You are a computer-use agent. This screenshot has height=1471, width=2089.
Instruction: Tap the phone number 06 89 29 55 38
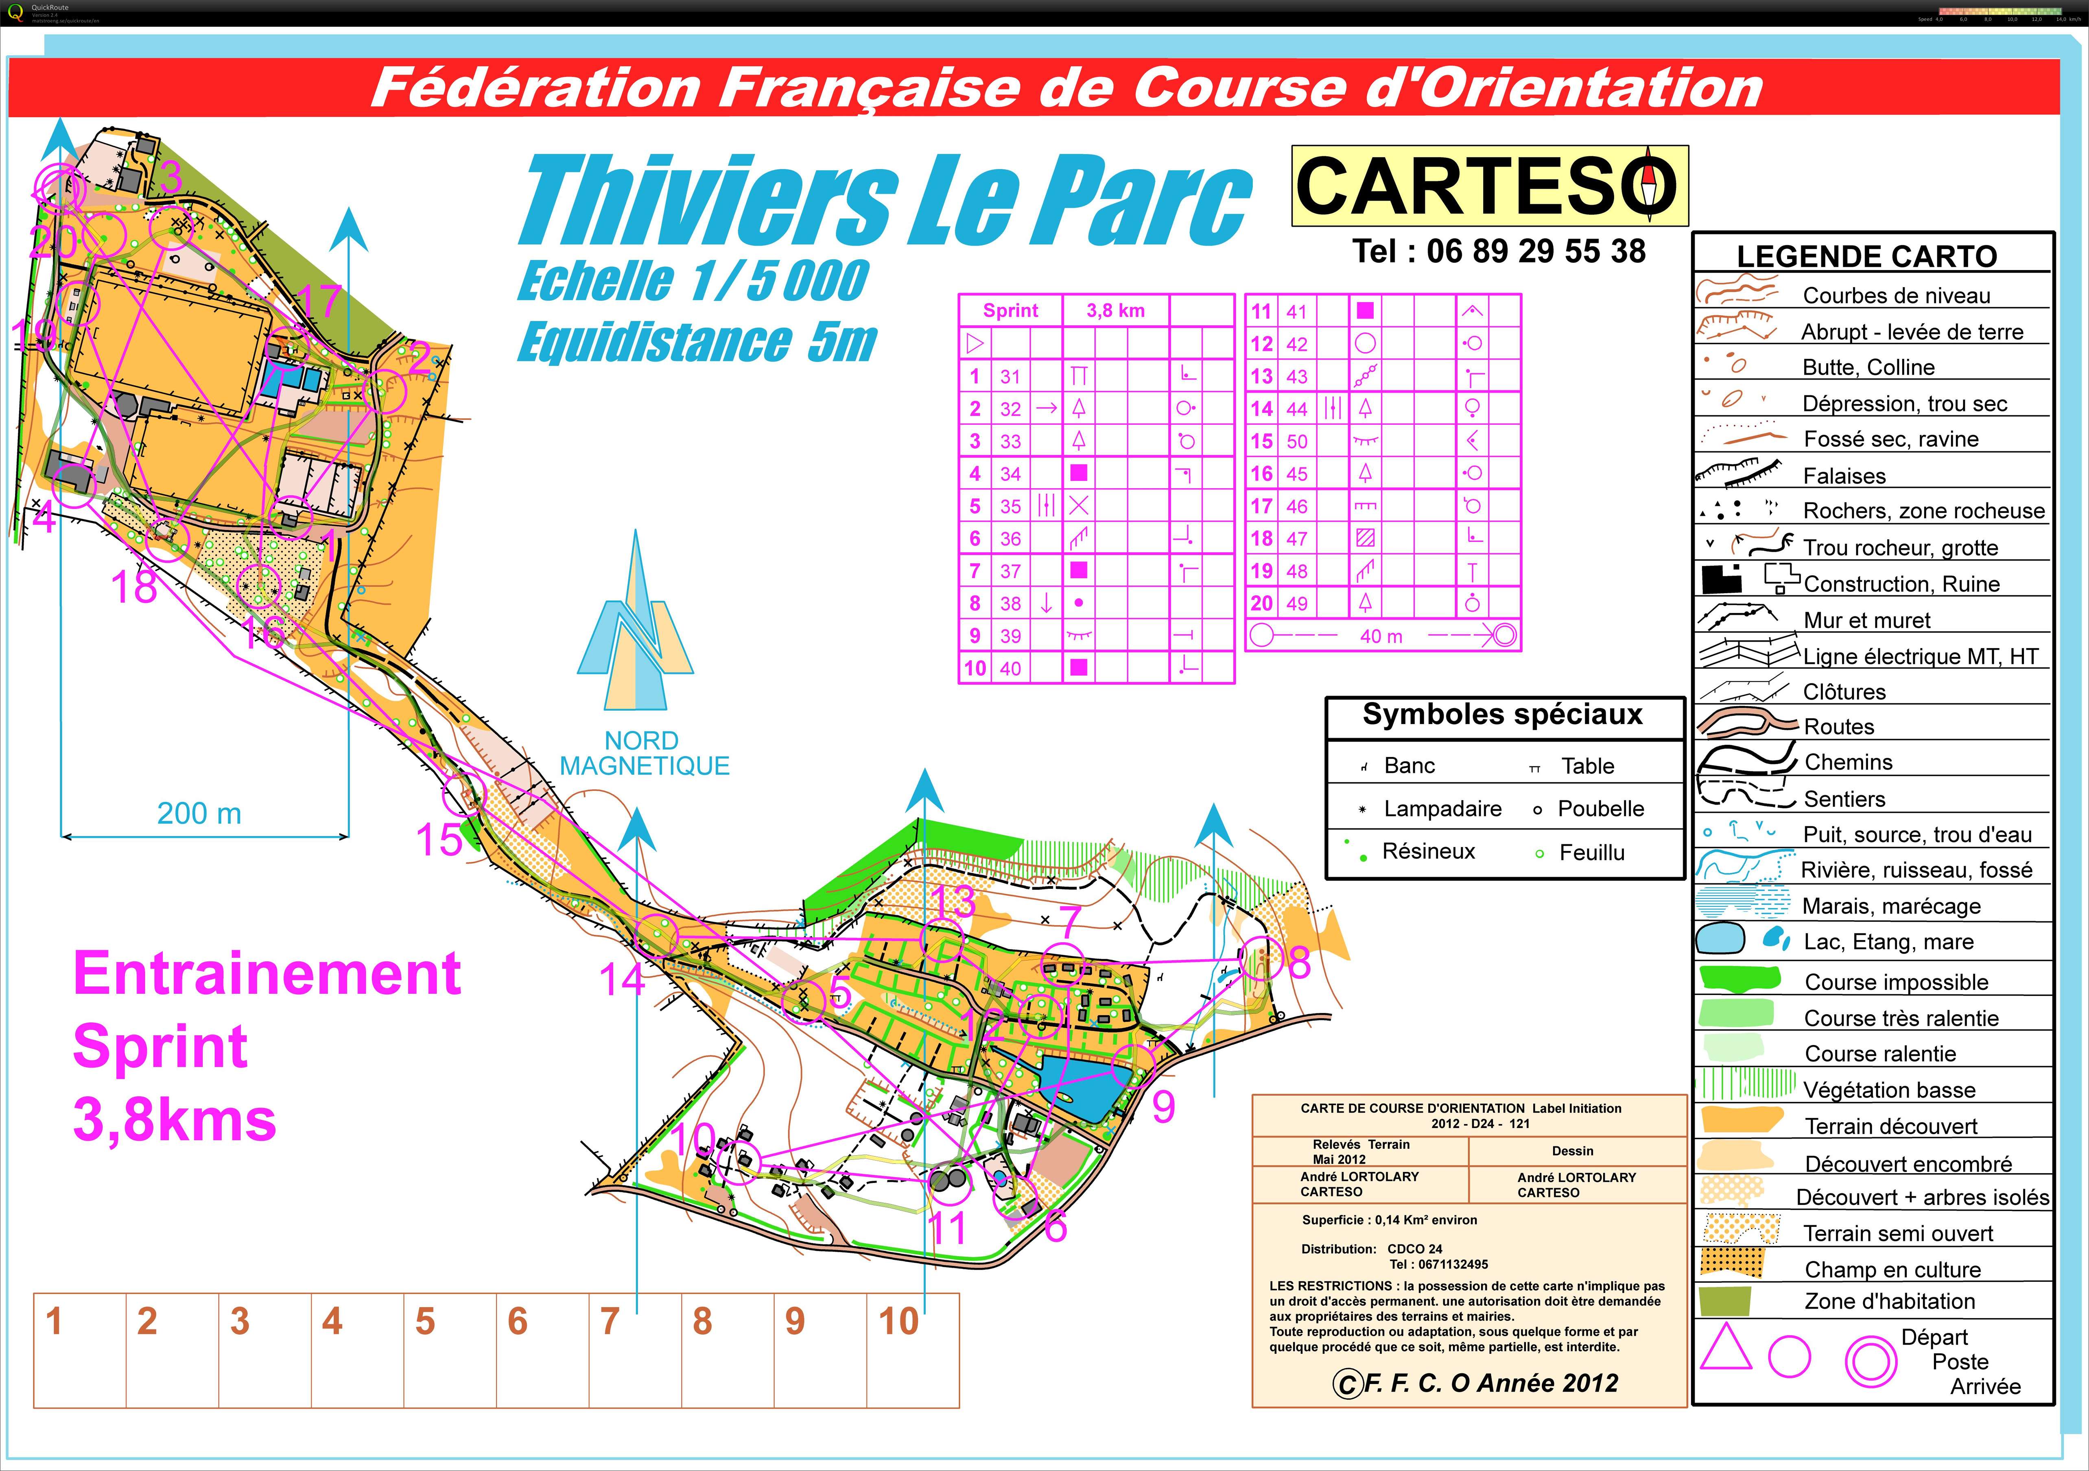(1499, 251)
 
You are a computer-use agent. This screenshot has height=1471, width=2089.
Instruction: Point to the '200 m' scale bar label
(199, 813)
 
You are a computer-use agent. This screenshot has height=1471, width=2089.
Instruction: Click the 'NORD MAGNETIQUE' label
(644, 753)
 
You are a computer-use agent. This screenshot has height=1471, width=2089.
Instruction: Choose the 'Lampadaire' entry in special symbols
(1442, 809)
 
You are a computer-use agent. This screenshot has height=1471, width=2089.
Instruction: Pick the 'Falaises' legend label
(1844, 476)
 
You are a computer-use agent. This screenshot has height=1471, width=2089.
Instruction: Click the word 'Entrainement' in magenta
(267, 973)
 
